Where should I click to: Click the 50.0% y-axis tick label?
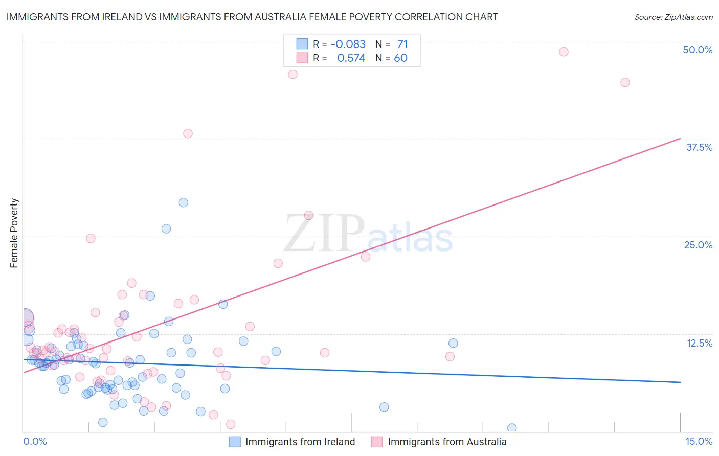pyautogui.click(x=698, y=50)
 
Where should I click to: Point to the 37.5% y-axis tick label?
pyautogui.click(x=699, y=147)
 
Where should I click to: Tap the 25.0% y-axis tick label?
pyautogui.click(x=698, y=245)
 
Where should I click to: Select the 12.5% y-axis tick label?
pyautogui.click(x=699, y=343)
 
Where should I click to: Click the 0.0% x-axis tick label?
pyautogui.click(x=35, y=441)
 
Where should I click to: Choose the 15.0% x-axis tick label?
pyautogui.click(x=699, y=441)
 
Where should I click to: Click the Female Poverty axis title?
pyautogui.click(x=14, y=233)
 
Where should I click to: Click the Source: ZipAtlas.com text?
pyautogui.click(x=673, y=17)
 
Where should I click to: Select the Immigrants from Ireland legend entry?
pyautogui.click(x=292, y=442)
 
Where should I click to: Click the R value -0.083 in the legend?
pyautogui.click(x=348, y=44)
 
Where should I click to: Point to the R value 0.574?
pyautogui.click(x=351, y=58)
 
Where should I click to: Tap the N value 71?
pyautogui.click(x=402, y=44)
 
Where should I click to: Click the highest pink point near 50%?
pyautogui.click(x=564, y=52)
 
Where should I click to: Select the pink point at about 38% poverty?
pyautogui.click(x=188, y=133)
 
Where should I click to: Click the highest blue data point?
pyautogui.click(x=183, y=202)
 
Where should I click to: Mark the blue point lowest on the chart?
pyautogui.click(x=512, y=428)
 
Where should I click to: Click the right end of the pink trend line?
pyautogui.click(x=680, y=139)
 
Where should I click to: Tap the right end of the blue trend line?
pyautogui.click(x=680, y=382)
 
